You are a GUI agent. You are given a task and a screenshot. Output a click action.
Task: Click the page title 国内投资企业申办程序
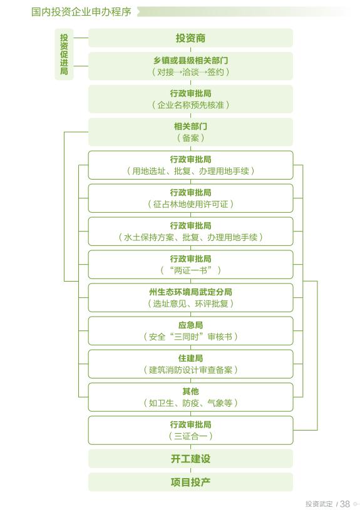coord(81,12)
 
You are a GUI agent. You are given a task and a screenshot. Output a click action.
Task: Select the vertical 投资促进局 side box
coord(64,54)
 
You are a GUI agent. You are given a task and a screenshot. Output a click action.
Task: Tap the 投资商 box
coord(190,38)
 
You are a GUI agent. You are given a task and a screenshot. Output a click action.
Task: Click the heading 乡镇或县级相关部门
coord(190,61)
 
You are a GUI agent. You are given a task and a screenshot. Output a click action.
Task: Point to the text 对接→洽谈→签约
coord(190,72)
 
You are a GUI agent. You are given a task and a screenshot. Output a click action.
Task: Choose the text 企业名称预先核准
coord(190,105)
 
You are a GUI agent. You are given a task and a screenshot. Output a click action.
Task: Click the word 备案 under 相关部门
coord(190,138)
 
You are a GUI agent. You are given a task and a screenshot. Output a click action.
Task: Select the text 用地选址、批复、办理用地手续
coord(190,171)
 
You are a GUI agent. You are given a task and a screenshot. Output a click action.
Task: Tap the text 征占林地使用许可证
coord(190,204)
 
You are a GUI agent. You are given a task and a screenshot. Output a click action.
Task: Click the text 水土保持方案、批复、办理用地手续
coord(190,237)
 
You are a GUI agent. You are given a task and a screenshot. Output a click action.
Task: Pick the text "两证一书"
coord(190,270)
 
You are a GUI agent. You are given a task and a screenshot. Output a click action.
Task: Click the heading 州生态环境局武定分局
coord(190,292)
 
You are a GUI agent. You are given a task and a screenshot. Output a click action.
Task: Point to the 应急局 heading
coord(190,325)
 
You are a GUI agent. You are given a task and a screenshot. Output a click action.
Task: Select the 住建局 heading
coord(190,359)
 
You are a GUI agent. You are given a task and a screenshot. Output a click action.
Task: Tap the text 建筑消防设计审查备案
coord(190,370)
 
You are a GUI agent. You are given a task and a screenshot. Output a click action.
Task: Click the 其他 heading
coord(190,391)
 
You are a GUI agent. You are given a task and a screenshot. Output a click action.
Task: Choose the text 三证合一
coord(190,436)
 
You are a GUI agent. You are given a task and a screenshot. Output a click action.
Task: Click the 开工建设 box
coord(190,459)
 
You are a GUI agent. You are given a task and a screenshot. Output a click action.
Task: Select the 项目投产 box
coord(190,482)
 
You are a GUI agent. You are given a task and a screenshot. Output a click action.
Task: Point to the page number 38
coord(345,504)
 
